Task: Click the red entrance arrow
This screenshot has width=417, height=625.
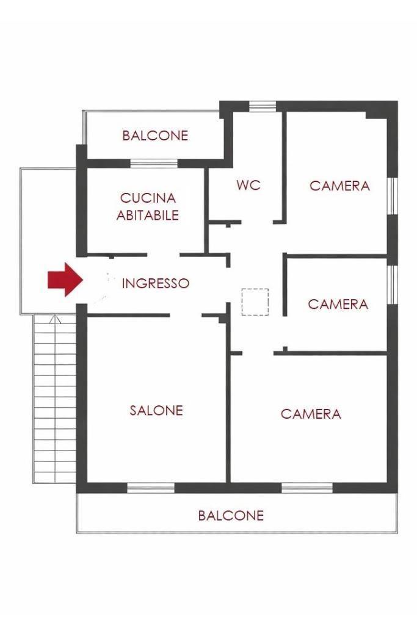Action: (65, 280)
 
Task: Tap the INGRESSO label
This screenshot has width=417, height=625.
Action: (156, 283)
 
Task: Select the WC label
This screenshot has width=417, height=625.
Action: (248, 185)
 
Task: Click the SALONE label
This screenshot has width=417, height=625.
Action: (156, 410)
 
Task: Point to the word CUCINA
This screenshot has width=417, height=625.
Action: (148, 198)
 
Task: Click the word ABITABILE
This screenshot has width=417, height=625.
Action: (148, 215)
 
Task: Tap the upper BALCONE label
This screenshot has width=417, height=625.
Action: (155, 135)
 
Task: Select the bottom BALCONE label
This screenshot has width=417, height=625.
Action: (231, 515)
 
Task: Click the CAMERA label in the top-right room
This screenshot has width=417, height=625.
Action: (339, 186)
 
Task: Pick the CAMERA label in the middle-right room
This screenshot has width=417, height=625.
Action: (338, 304)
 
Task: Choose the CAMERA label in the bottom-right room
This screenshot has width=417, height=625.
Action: (311, 414)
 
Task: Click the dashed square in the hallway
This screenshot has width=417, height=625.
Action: (255, 302)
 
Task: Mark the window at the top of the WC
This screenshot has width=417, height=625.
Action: (263, 106)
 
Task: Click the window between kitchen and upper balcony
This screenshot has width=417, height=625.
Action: (154, 164)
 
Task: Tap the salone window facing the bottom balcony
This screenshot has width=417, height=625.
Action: (151, 488)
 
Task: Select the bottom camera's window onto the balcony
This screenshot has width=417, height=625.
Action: (307, 488)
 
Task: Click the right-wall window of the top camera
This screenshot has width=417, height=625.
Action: (393, 196)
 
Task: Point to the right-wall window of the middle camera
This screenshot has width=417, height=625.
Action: (393, 284)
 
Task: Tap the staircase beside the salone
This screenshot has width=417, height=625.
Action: (54, 399)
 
